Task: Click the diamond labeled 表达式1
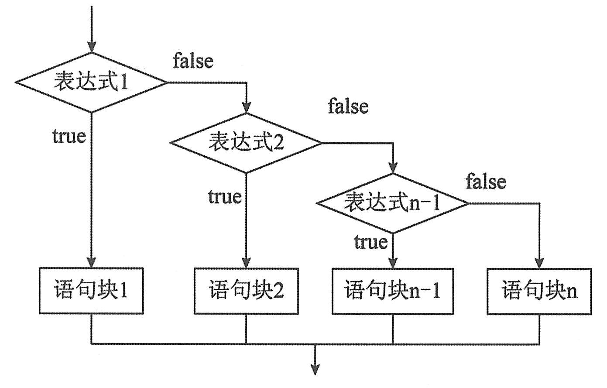[91, 82]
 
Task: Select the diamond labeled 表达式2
[246, 142]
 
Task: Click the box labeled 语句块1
[91, 291]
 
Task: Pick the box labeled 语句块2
[246, 291]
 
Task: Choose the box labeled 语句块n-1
[393, 291]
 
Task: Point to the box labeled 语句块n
[539, 291]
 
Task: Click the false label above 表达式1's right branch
[193, 61]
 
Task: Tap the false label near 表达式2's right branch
[348, 106]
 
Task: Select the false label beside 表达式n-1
[486, 181]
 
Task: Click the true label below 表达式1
[69, 136]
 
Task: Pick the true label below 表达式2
[224, 196]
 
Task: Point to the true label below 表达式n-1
[370, 241]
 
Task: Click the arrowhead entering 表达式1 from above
[91, 46]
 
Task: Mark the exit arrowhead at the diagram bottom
[314, 368]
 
